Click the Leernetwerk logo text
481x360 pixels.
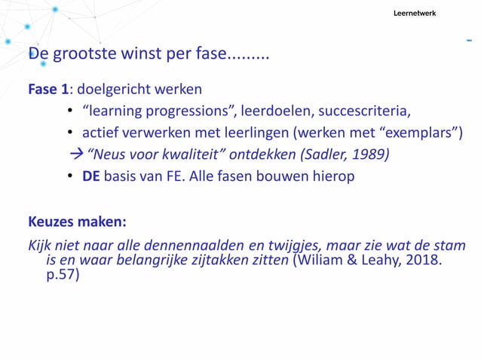414,14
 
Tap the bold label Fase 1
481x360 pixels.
48,90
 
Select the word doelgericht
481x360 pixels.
113,90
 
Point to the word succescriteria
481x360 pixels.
364,112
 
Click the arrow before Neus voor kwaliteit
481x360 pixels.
75,156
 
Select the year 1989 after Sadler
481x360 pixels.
372,156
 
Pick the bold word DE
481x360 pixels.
92,177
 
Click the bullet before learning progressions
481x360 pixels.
69,112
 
